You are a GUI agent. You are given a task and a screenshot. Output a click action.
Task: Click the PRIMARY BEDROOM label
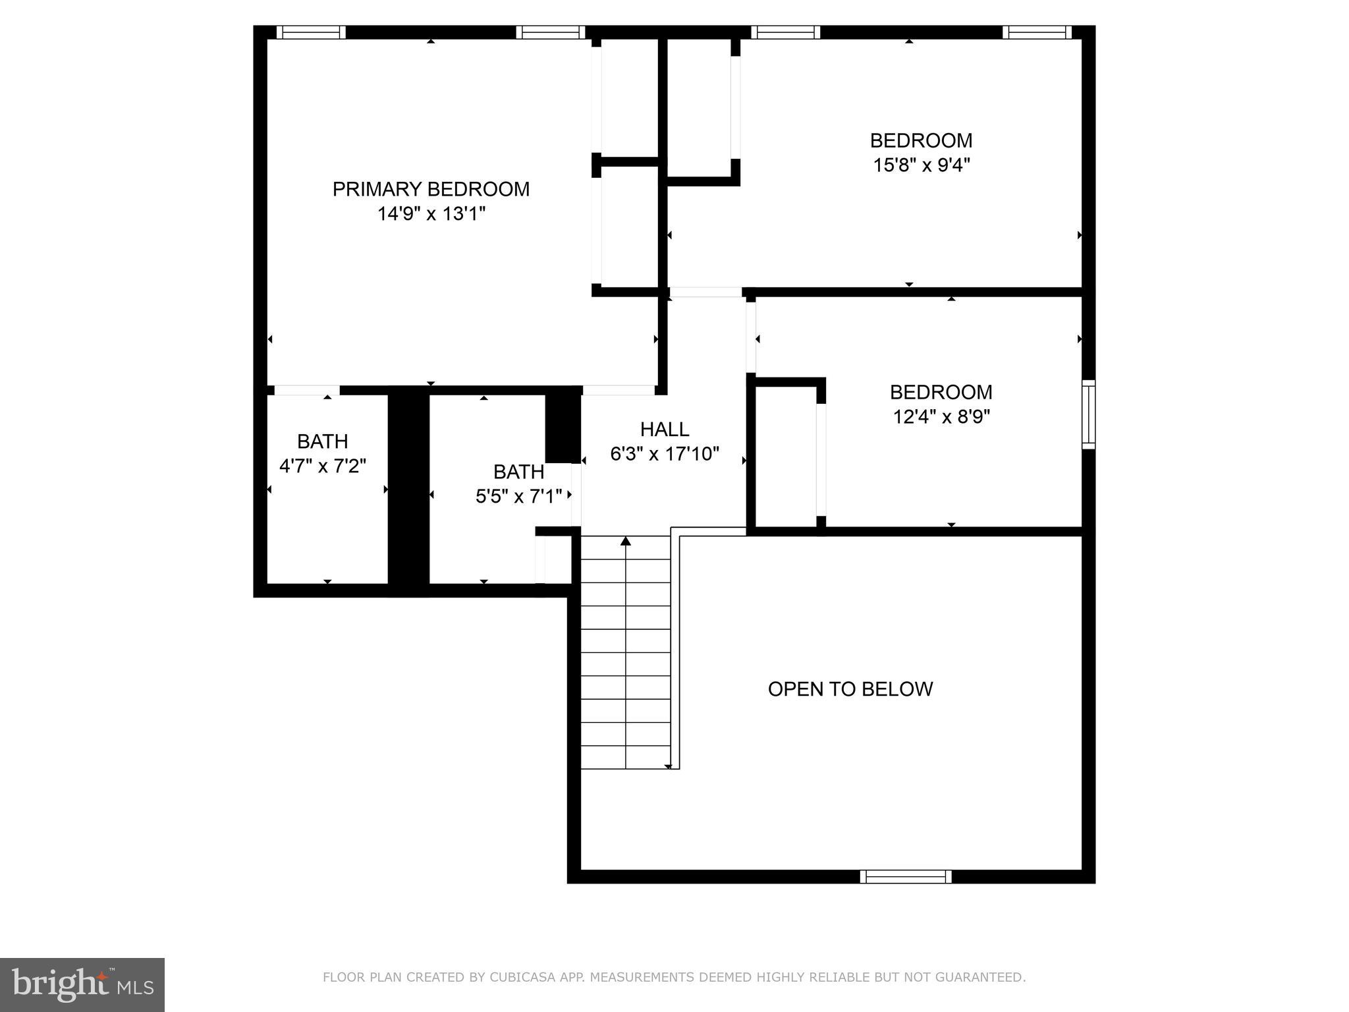coord(431,189)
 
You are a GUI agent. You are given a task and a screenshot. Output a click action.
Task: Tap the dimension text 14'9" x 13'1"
coord(431,214)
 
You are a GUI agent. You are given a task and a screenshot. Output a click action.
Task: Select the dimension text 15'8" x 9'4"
coord(921,165)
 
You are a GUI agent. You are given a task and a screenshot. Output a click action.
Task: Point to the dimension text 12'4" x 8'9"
coord(941,417)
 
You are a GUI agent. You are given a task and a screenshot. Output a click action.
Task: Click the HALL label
coord(665,430)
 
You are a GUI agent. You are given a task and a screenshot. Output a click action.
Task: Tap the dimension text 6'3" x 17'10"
coord(665,454)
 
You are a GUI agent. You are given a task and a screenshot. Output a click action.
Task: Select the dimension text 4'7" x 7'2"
coord(323,466)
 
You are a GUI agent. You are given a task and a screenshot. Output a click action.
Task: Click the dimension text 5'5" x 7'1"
coord(518,496)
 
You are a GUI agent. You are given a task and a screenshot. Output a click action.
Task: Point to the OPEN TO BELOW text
coord(850,689)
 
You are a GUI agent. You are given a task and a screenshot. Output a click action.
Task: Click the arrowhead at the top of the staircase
coord(626,542)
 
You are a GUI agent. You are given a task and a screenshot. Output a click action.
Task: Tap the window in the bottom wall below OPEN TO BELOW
coord(906,876)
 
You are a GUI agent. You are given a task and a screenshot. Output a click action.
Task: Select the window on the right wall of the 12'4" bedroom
coord(1089,414)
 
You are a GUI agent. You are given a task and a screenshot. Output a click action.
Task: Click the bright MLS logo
coord(82,985)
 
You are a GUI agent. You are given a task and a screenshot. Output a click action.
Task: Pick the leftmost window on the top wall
coord(311,32)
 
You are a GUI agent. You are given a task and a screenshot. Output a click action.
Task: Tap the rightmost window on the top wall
coord(1037,32)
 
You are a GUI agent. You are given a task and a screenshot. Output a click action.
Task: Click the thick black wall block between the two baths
coord(408,491)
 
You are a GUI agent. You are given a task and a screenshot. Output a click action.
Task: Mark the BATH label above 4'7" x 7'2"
coord(323,441)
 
